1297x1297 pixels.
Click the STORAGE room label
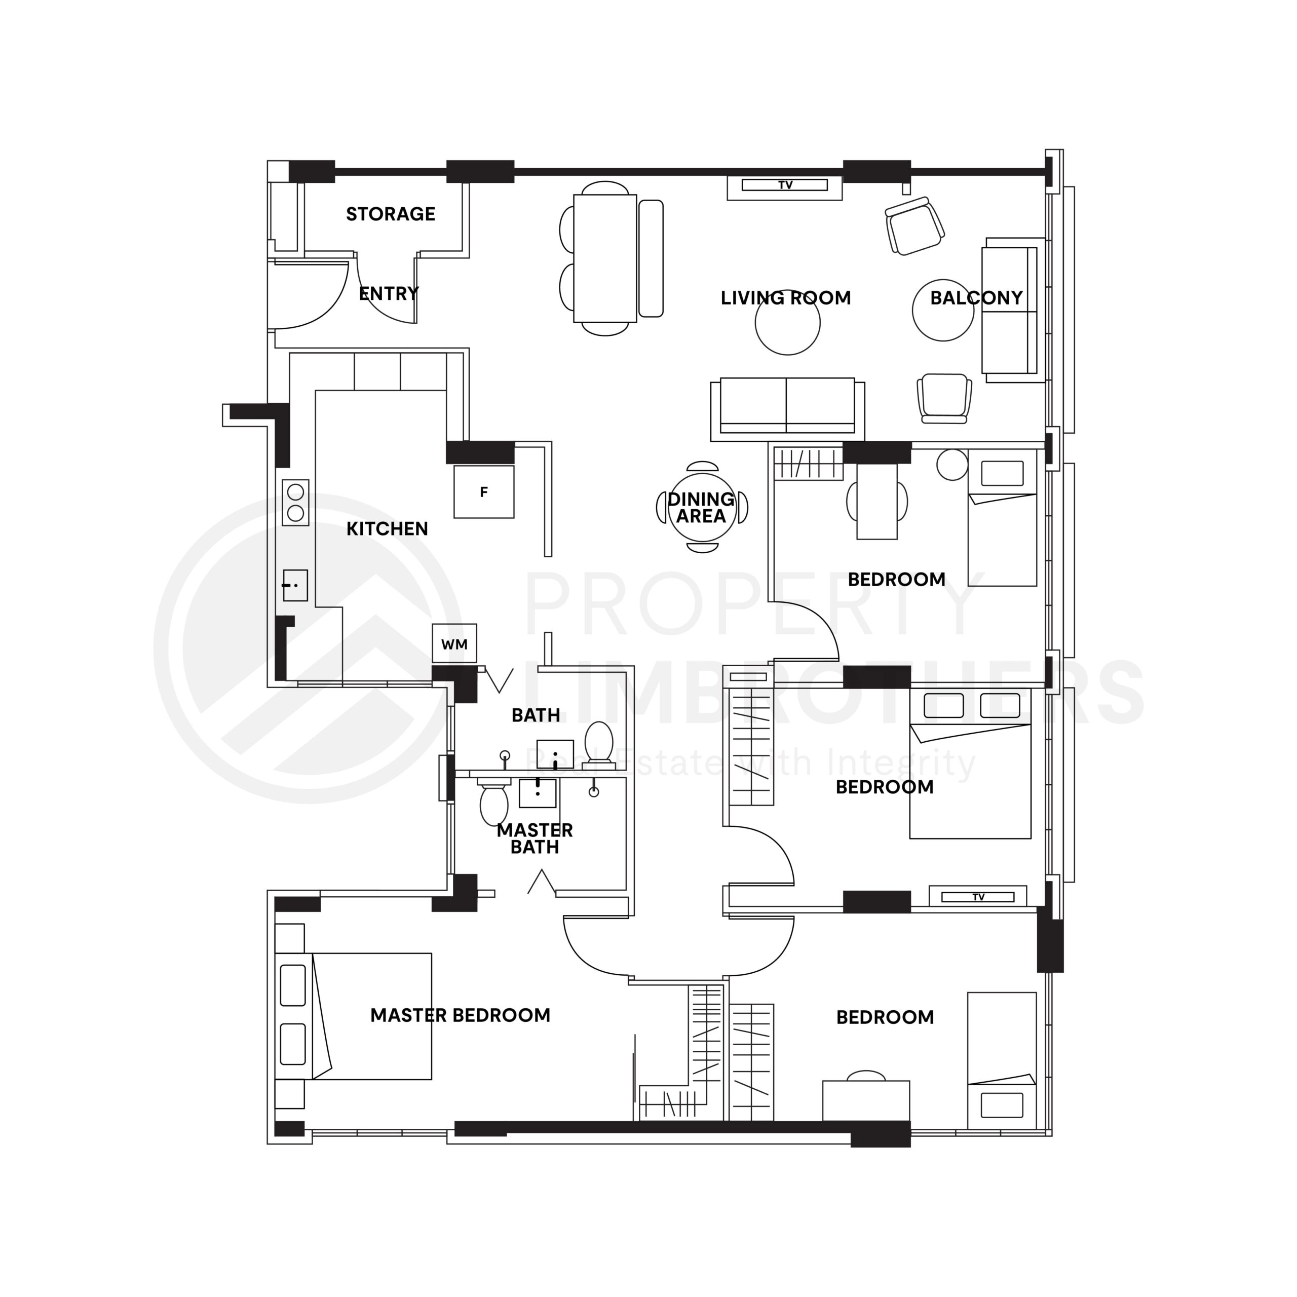pyautogui.click(x=390, y=214)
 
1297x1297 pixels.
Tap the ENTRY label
pyautogui.click(x=389, y=293)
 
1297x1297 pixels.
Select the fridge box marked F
pyautogui.click(x=483, y=492)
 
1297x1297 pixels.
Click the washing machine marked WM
pyautogui.click(x=454, y=644)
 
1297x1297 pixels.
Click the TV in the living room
pyautogui.click(x=784, y=185)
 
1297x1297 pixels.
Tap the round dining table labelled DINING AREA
pyautogui.click(x=702, y=508)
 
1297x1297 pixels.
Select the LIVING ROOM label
pyautogui.click(x=785, y=298)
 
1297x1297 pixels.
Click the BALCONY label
pyautogui.click(x=976, y=298)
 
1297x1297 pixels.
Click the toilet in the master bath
pyautogui.click(x=494, y=805)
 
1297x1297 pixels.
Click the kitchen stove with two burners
pyautogui.click(x=295, y=503)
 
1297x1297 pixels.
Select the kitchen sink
pyautogui.click(x=295, y=585)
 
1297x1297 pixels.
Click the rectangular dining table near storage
pyautogui.click(x=605, y=258)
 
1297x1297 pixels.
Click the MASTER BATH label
pyautogui.click(x=535, y=839)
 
